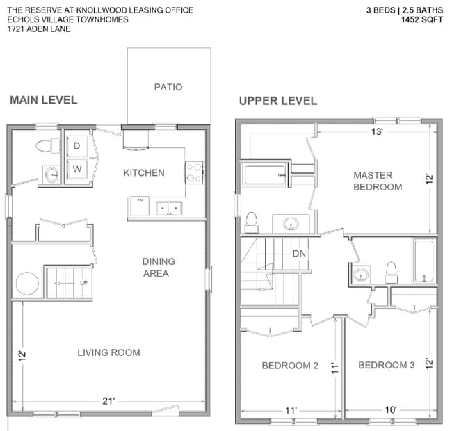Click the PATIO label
pyautogui.click(x=168, y=87)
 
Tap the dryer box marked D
pyautogui.click(x=76, y=145)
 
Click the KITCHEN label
pyautogui.click(x=144, y=172)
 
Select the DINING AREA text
pyautogui.click(x=159, y=267)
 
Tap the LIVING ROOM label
pyautogui.click(x=108, y=352)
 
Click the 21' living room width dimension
pyautogui.click(x=108, y=401)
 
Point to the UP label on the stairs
pyautogui.click(x=83, y=284)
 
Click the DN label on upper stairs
pyautogui.click(x=299, y=253)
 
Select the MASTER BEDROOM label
pyautogui.click(x=377, y=181)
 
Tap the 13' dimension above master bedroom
pyautogui.click(x=376, y=131)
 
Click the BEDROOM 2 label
pyautogui.click(x=290, y=365)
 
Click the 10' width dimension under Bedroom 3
pyautogui.click(x=391, y=410)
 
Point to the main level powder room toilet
pyautogui.click(x=46, y=145)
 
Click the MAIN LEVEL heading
pyautogui.click(x=43, y=100)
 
